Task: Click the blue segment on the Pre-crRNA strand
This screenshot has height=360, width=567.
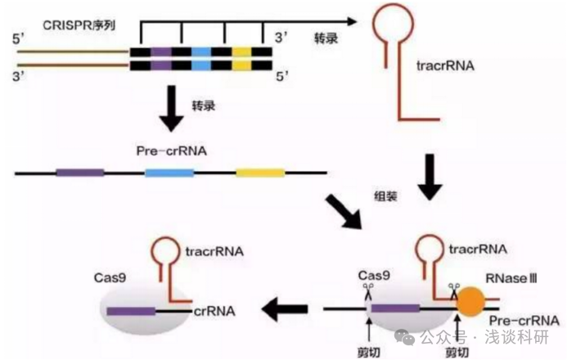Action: tap(169, 173)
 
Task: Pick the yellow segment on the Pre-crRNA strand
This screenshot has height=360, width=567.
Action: tap(260, 173)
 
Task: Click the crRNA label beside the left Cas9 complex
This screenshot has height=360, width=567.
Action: tap(215, 311)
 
